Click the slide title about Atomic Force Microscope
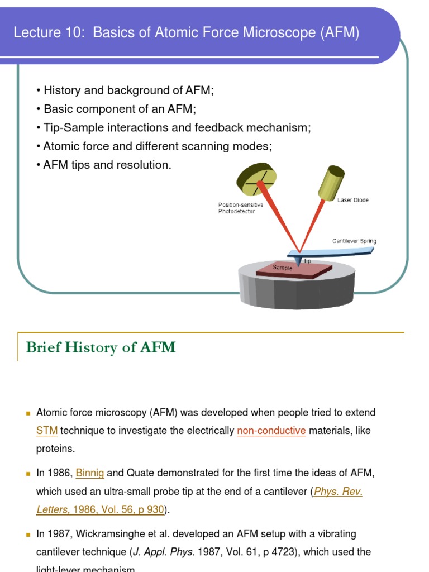(x=186, y=33)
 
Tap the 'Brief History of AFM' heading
(x=101, y=347)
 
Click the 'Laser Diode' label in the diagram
(x=352, y=200)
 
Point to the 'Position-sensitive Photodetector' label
(x=240, y=208)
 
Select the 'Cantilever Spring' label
(x=354, y=241)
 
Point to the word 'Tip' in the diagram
(x=307, y=261)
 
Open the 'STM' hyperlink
(x=47, y=431)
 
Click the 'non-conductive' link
(x=271, y=431)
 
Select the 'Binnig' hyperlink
(x=90, y=473)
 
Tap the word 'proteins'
(x=55, y=449)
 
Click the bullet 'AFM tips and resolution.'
(x=104, y=165)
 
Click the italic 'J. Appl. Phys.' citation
(x=163, y=552)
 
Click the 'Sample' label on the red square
(x=282, y=268)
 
